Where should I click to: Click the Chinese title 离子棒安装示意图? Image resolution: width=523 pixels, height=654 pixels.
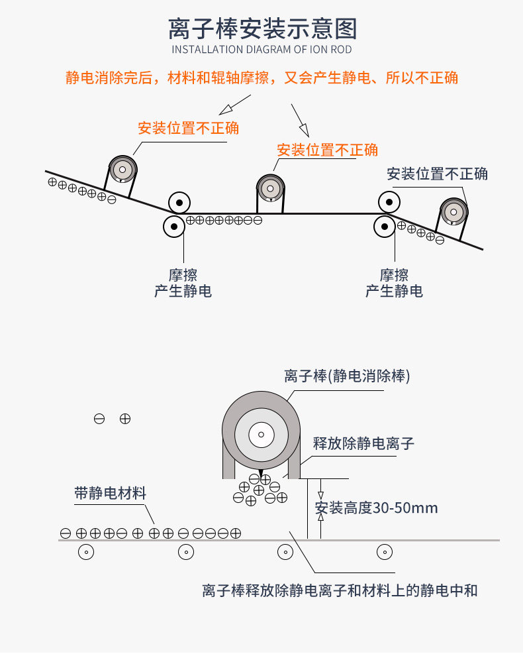pos(262,29)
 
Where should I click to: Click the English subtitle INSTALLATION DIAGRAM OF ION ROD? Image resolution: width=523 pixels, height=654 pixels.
pos(261,50)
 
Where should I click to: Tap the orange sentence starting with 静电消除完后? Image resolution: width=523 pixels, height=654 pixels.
pos(261,78)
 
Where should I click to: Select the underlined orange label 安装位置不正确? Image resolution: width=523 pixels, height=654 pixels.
pos(327,150)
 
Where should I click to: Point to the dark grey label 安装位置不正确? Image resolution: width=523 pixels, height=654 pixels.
pos(437,174)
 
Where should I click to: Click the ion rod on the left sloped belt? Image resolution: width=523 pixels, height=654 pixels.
pos(122,169)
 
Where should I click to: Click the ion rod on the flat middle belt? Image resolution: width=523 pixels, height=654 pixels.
pos(270,188)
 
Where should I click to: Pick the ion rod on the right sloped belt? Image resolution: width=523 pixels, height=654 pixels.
pos(453,212)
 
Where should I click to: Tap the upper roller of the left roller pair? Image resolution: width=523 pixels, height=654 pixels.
pos(179,202)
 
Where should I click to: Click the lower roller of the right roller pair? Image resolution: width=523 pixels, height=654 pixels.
pos(385,227)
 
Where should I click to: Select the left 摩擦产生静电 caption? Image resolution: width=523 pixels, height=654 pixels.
pos(183,283)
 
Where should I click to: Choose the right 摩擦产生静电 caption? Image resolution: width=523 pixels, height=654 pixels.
pos(394,283)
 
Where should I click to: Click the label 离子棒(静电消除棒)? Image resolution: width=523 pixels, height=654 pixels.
pos(347,376)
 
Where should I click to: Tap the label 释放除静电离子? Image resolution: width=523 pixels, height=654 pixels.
pos(363,443)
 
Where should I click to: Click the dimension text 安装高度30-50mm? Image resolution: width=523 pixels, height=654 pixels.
pos(376,508)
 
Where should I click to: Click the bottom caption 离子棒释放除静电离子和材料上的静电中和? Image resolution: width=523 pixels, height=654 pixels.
pos(340,590)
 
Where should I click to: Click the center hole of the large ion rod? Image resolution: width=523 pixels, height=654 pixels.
pos(261,435)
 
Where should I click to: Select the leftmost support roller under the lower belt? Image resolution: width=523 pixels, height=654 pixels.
pos(86,551)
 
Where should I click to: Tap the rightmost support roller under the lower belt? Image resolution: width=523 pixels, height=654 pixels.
pos(384,551)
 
